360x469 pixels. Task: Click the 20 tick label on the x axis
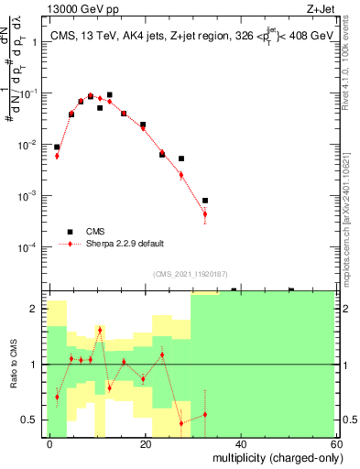click(145, 443)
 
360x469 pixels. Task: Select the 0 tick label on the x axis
click(49, 443)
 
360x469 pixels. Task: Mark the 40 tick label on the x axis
click(240, 443)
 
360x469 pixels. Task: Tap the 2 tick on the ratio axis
click(37, 309)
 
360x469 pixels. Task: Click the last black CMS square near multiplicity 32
click(204, 200)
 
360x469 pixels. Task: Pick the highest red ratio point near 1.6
click(100, 330)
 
